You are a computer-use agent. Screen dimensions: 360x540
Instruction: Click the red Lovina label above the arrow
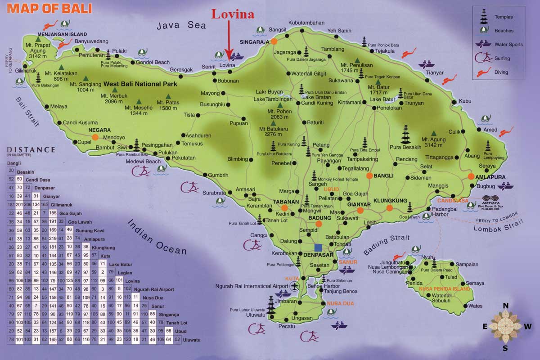pos(233,14)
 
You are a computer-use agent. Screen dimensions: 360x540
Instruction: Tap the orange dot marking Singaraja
pos(273,41)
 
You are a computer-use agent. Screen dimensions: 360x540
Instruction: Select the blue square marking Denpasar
pos(319,247)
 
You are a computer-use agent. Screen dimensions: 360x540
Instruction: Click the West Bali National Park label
pos(140,84)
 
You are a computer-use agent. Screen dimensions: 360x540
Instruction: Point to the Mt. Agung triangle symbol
pos(433,133)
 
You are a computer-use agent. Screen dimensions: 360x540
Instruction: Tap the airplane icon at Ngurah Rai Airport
pos(295,286)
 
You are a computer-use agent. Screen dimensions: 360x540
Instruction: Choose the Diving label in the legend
pos(501,72)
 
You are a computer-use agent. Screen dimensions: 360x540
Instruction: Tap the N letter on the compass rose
pos(505,306)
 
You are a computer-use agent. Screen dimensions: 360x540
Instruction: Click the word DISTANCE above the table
pos(31,150)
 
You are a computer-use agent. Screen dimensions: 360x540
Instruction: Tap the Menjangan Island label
pos(63,34)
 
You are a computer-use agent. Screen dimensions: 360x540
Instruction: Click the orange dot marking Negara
pos(95,137)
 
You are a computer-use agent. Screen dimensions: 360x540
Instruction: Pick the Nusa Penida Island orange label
pos(445,289)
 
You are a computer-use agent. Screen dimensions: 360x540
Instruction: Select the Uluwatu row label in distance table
pos(191,339)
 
